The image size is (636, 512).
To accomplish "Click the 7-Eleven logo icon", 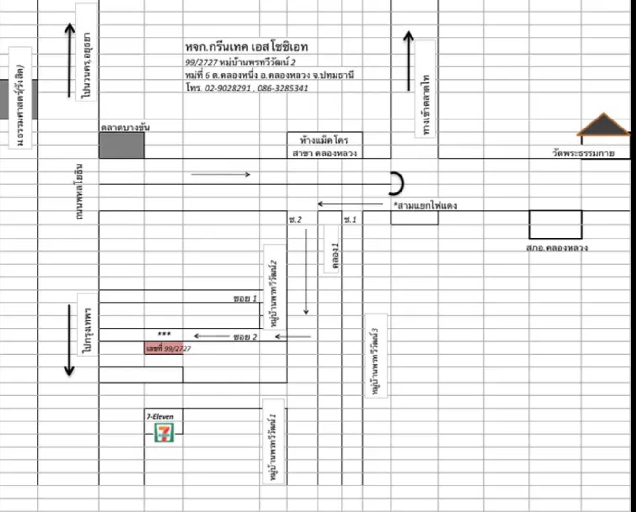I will pyautogui.click(x=164, y=432).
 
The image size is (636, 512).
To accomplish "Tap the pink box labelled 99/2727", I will pyautogui.click(x=164, y=348).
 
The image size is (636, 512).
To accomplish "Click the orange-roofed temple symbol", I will pyautogui.click(x=603, y=125).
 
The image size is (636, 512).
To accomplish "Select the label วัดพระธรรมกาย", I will pyautogui.click(x=583, y=153).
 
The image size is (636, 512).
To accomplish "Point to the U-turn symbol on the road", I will pyautogui.click(x=397, y=184).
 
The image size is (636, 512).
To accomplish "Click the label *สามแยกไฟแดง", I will pyautogui.click(x=425, y=205).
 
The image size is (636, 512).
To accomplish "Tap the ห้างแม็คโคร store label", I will pyautogui.click(x=324, y=140).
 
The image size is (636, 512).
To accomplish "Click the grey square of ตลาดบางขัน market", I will pyautogui.click(x=122, y=146).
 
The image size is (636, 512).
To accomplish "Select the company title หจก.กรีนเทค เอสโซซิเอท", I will pyautogui.click(x=246, y=46).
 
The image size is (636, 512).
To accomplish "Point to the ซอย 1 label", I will pyautogui.click(x=245, y=298).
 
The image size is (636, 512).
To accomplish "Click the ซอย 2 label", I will pyautogui.click(x=245, y=337).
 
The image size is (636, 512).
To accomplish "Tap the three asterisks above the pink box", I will pyautogui.click(x=164, y=334).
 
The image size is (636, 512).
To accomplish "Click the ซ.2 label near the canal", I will pyautogui.click(x=295, y=219).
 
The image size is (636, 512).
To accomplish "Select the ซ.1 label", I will pyautogui.click(x=350, y=219).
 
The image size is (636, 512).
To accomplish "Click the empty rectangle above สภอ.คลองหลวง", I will pyautogui.click(x=555, y=225).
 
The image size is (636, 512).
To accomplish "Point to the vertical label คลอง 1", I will pyautogui.click(x=336, y=256).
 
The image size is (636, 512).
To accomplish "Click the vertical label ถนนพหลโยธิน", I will pyautogui.click(x=80, y=192).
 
